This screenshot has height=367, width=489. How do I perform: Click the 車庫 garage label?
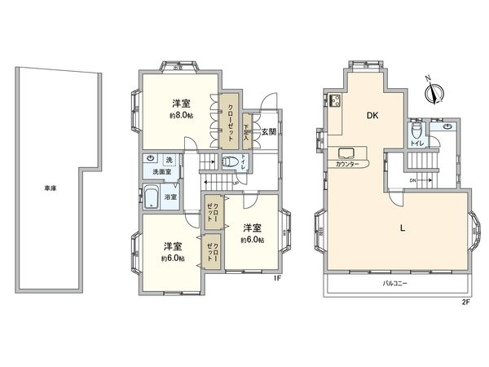[x=51, y=189]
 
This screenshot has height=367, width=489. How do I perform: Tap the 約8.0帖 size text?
[x=181, y=115]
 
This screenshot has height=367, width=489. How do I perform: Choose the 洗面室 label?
[x=156, y=172]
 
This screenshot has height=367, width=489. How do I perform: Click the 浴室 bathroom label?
[x=171, y=197]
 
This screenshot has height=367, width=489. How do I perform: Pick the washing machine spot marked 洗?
[x=170, y=158]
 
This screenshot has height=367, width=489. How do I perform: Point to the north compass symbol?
[x=431, y=90]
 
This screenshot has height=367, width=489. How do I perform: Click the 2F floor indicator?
[x=465, y=303]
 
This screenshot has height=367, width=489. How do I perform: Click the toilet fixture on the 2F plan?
[x=416, y=130]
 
